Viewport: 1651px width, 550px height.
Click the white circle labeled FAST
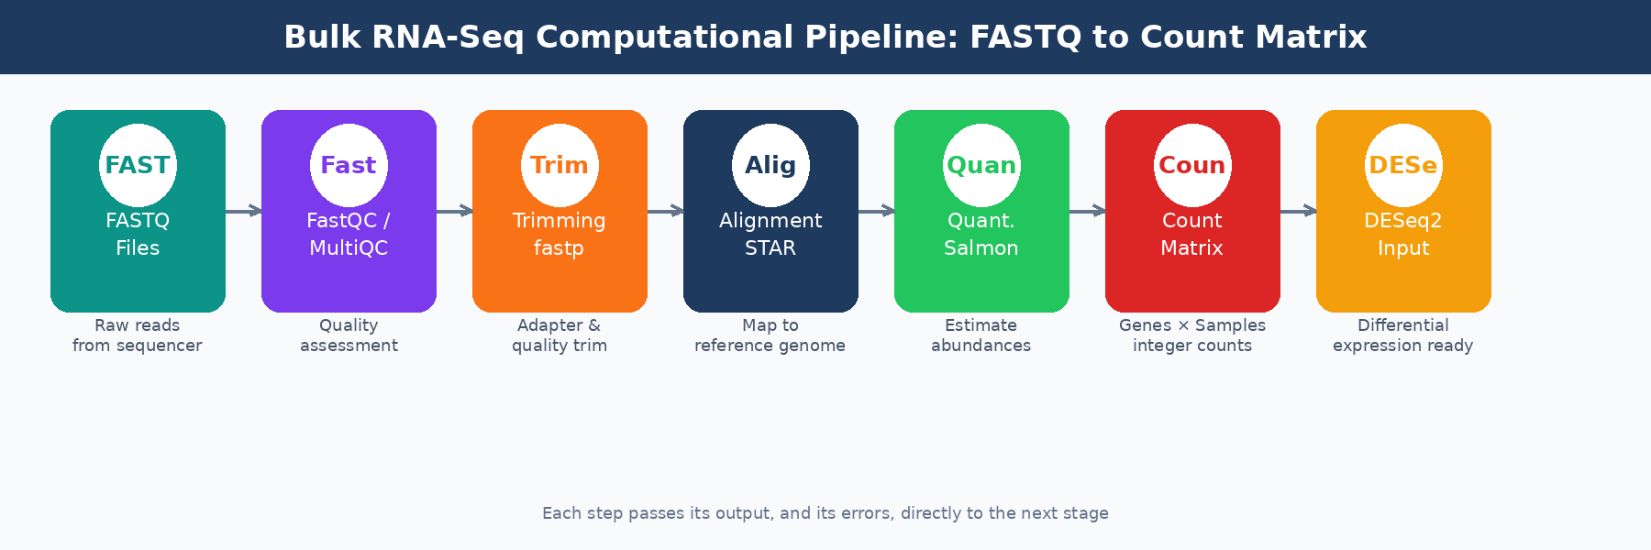point(138,165)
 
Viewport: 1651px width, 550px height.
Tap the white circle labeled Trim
point(560,165)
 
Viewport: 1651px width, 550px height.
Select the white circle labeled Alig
point(770,165)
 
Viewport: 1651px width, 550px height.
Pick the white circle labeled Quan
point(981,165)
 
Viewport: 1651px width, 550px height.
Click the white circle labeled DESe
point(1403,165)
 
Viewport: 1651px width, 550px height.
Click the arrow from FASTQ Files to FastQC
point(243,212)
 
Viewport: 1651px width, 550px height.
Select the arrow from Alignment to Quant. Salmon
point(876,212)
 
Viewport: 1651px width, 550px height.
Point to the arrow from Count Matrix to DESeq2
point(1298,212)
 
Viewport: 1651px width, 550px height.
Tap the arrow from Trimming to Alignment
point(665,212)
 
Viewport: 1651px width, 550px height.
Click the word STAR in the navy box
point(770,248)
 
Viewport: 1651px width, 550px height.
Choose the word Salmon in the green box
point(981,248)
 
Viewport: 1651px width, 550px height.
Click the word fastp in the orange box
point(560,248)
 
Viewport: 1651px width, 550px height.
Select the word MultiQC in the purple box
point(349,248)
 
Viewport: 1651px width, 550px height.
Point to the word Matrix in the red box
point(1192,248)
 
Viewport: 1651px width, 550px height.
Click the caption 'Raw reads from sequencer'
point(138,335)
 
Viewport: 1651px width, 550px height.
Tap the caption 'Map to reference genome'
point(770,335)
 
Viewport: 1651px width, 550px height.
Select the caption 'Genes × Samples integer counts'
point(1192,335)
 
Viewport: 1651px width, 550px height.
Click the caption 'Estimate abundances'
point(981,335)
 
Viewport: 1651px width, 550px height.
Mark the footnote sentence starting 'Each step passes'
point(825,513)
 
